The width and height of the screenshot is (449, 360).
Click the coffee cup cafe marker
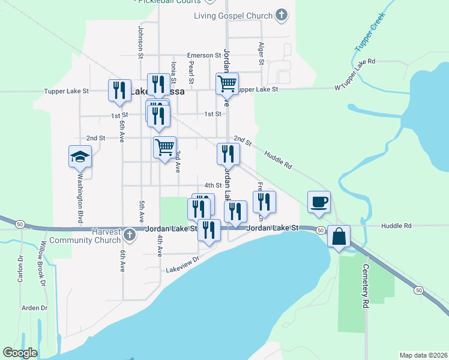pos(319,202)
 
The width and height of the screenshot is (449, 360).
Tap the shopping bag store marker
pos(339,236)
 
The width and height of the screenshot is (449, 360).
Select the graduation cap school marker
pos(80,157)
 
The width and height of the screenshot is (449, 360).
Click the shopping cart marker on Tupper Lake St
pos(228,84)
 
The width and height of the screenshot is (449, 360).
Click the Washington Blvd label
pos(79,201)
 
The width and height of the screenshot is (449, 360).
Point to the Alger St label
pos(261,53)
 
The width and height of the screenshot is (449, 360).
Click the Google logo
pos(20,353)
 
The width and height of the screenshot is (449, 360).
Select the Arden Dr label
pos(34,308)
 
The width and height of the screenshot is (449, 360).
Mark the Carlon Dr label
pos(20,268)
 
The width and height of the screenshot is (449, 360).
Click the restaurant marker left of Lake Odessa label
pos(118,90)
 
